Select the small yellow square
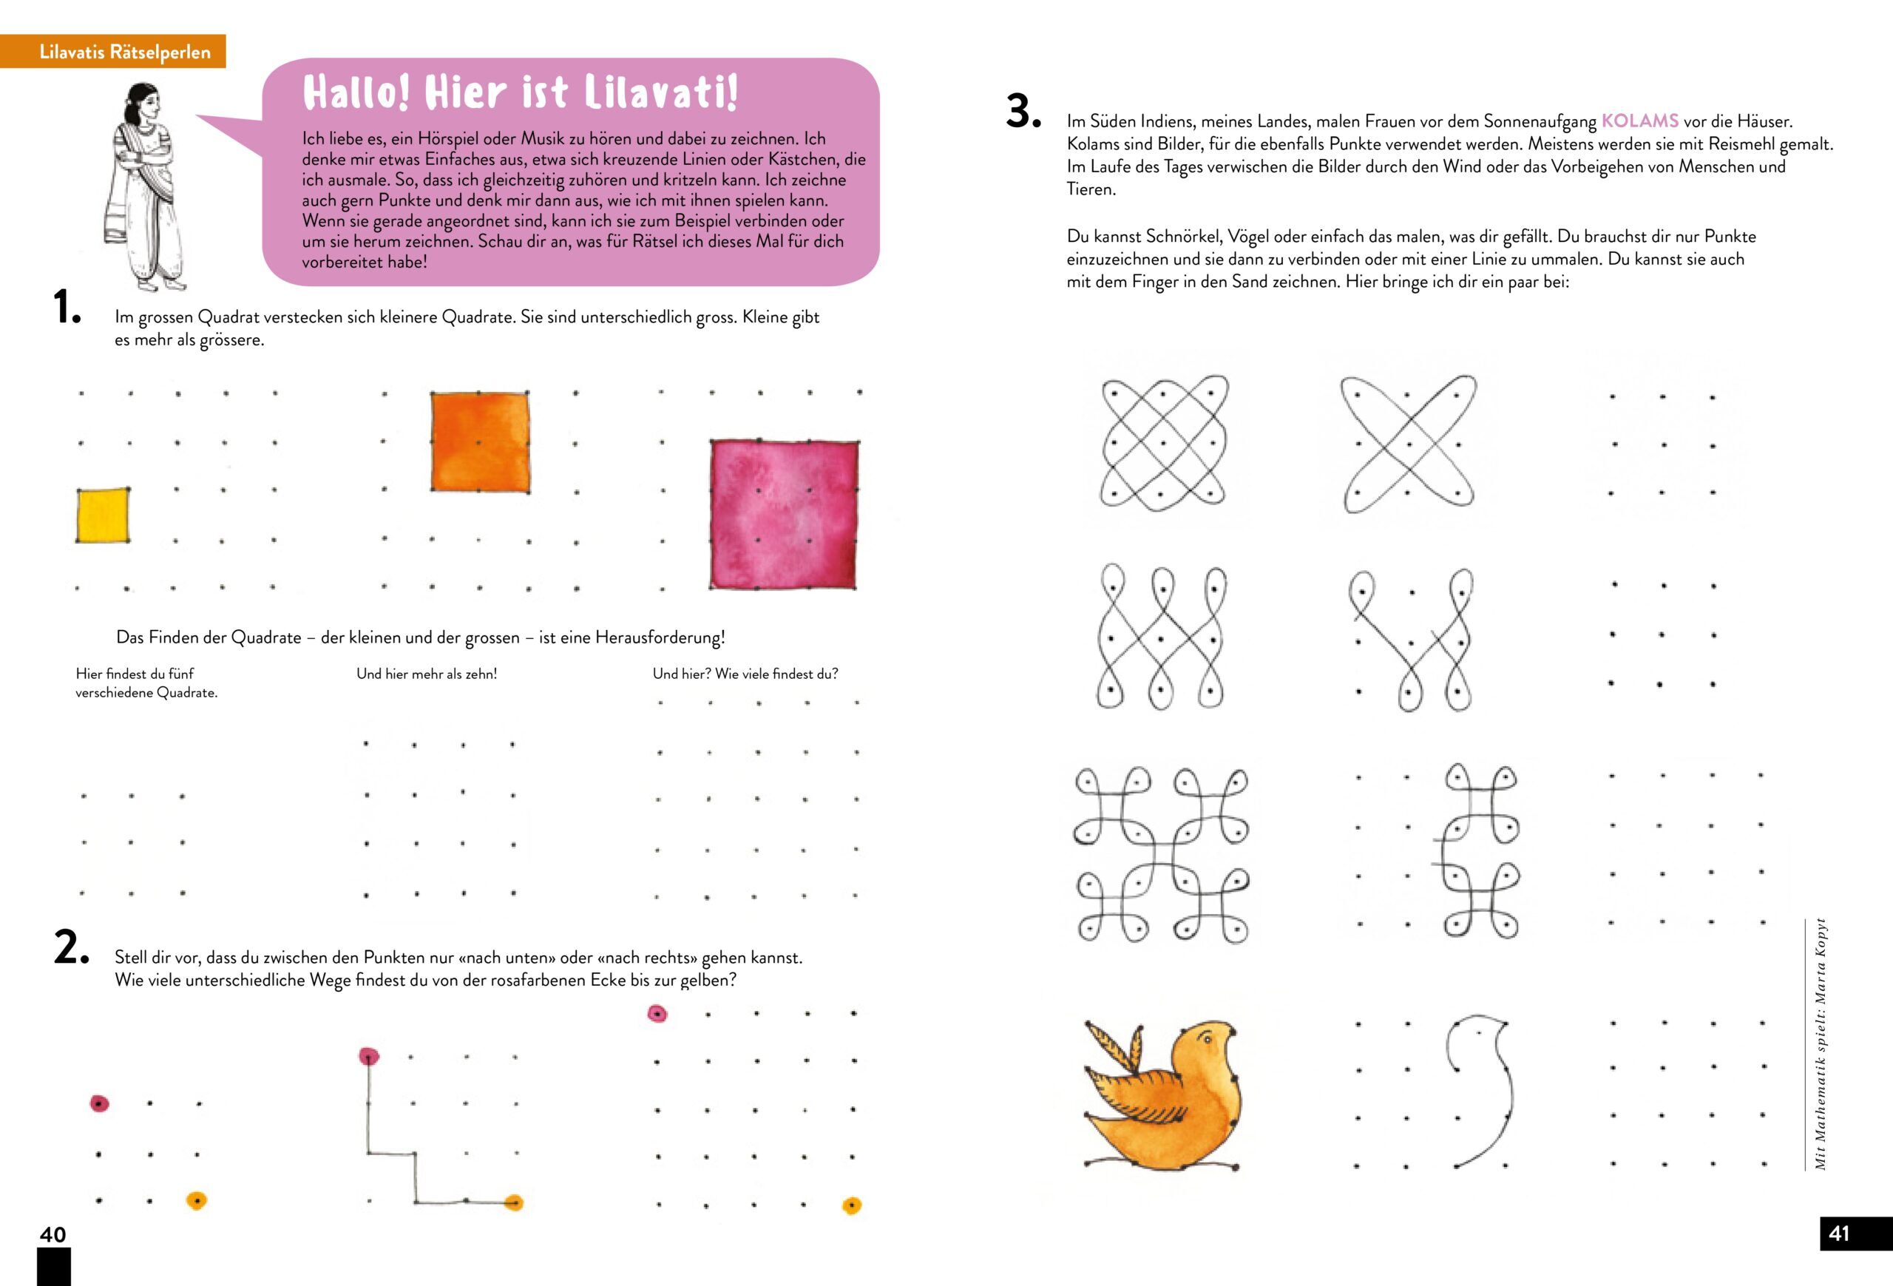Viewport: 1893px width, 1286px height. (103, 515)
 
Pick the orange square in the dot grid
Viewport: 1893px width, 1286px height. (480, 442)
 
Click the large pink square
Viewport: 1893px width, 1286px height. (784, 515)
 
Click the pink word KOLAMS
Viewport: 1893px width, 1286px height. (1639, 121)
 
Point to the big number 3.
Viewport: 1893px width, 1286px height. (1023, 112)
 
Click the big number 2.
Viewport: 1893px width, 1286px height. (70, 948)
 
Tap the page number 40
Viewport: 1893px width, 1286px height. (53, 1235)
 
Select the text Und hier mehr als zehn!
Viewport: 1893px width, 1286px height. (426, 674)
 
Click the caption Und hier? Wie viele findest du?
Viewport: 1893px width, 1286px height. (745, 674)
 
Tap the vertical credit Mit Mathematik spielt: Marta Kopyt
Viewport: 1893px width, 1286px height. (1821, 1045)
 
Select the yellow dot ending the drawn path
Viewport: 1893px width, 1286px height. (513, 1202)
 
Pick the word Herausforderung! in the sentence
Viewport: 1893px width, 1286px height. (660, 637)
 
